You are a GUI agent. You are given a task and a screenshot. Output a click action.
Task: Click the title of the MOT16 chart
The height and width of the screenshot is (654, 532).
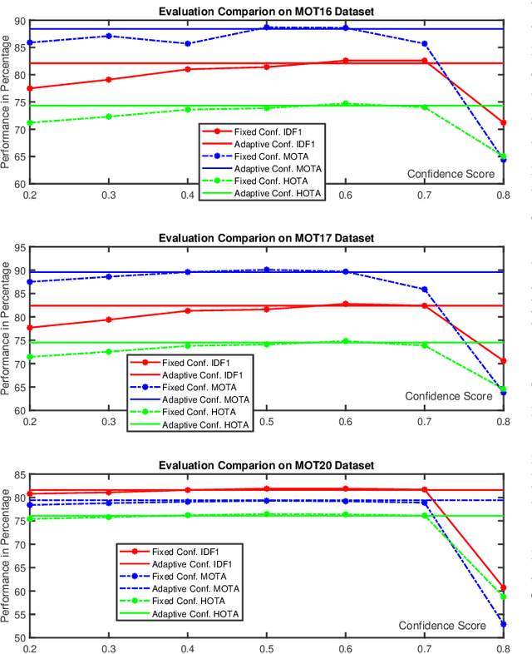[x=266, y=11]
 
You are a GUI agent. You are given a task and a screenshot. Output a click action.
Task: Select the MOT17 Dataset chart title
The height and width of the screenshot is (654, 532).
[x=266, y=238]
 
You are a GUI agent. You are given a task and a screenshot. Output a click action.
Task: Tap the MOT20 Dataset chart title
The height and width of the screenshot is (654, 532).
[x=266, y=465]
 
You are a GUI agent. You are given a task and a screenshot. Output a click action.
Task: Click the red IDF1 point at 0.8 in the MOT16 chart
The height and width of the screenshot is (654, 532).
[x=503, y=123]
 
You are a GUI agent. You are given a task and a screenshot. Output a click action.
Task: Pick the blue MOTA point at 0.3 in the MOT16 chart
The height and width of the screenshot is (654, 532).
[x=108, y=36]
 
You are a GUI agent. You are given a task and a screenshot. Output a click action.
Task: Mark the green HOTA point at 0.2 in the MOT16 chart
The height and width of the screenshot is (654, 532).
[x=29, y=123]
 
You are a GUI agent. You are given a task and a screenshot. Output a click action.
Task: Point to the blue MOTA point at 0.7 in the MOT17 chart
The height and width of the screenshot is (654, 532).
[x=424, y=290]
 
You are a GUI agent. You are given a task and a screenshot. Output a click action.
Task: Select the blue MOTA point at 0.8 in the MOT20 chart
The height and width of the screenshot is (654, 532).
[x=503, y=624]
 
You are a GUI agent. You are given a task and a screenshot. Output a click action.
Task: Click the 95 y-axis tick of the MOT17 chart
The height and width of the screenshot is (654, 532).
[x=17, y=247]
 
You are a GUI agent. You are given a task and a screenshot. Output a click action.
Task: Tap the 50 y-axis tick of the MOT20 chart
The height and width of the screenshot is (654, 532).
[x=17, y=638]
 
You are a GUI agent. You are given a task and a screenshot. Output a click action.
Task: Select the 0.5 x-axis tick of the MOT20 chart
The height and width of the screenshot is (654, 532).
[x=266, y=648]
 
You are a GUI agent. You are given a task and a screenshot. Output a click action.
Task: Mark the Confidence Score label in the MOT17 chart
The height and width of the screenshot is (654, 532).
[x=450, y=396]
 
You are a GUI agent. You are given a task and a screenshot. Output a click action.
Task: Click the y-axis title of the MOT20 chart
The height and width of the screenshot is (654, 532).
[x=7, y=556]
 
